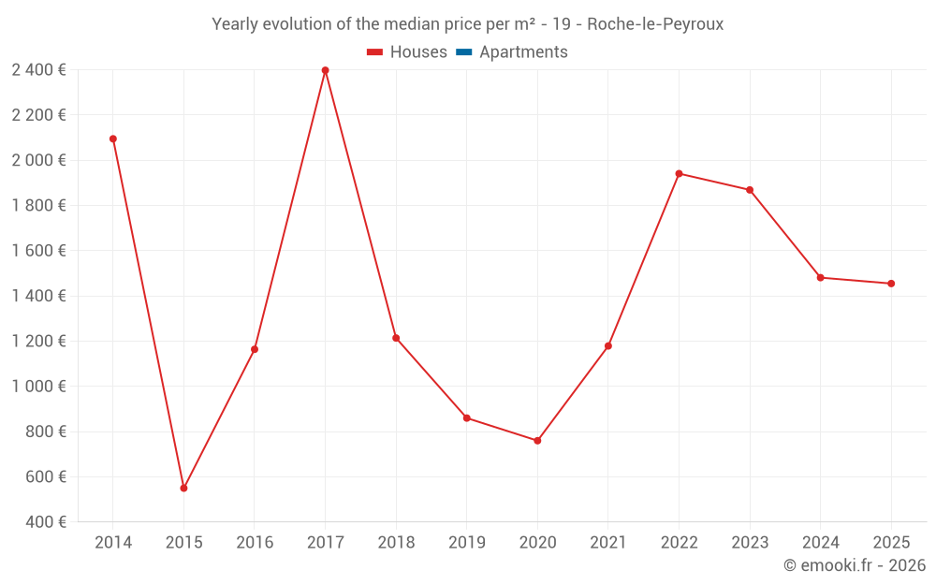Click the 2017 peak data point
tap(325, 70)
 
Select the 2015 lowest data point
tap(183, 488)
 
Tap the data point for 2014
tap(113, 139)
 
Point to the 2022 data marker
tap(679, 173)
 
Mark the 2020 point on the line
tap(537, 440)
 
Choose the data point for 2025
tap(891, 284)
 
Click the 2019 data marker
tap(466, 417)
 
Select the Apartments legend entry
tap(523, 52)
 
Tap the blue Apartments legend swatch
tap(464, 52)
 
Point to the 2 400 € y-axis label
tap(38, 69)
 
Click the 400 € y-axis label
tap(44, 521)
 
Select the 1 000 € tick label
tap(38, 386)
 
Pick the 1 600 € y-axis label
tap(38, 250)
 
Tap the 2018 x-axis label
tap(396, 543)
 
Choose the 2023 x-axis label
tap(750, 543)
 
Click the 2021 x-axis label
tap(608, 543)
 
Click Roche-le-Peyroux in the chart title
tap(655, 24)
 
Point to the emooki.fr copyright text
tap(855, 565)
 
